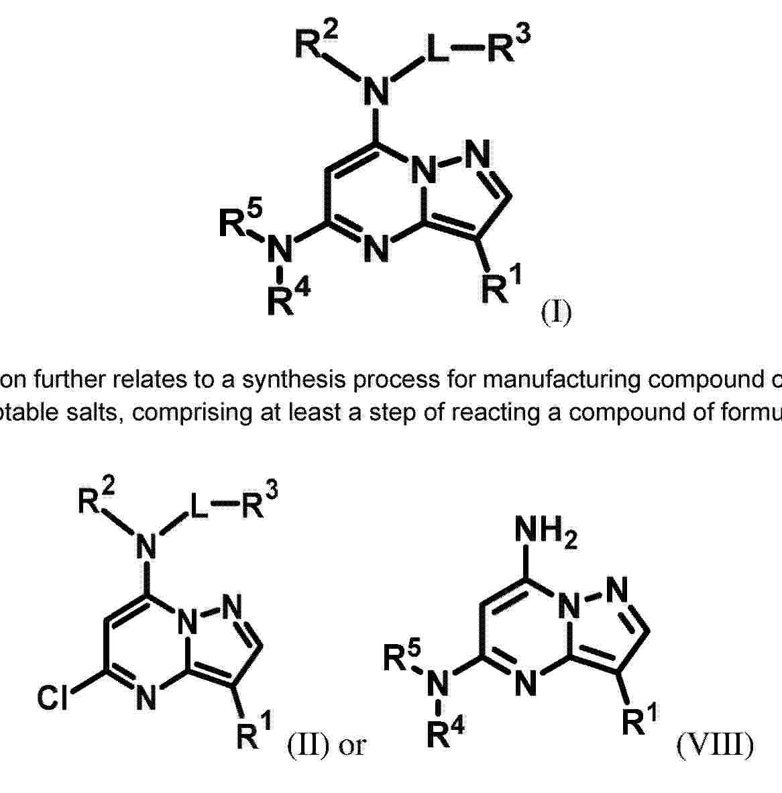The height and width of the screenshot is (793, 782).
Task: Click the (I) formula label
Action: (557, 313)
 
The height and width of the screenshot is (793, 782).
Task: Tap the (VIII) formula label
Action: (716, 744)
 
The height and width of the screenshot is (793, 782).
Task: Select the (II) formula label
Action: (309, 744)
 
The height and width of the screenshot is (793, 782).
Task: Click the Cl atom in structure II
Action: (52, 698)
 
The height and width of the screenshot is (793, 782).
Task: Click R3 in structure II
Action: (260, 503)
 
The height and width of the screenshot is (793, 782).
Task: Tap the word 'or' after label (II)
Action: (352, 747)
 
